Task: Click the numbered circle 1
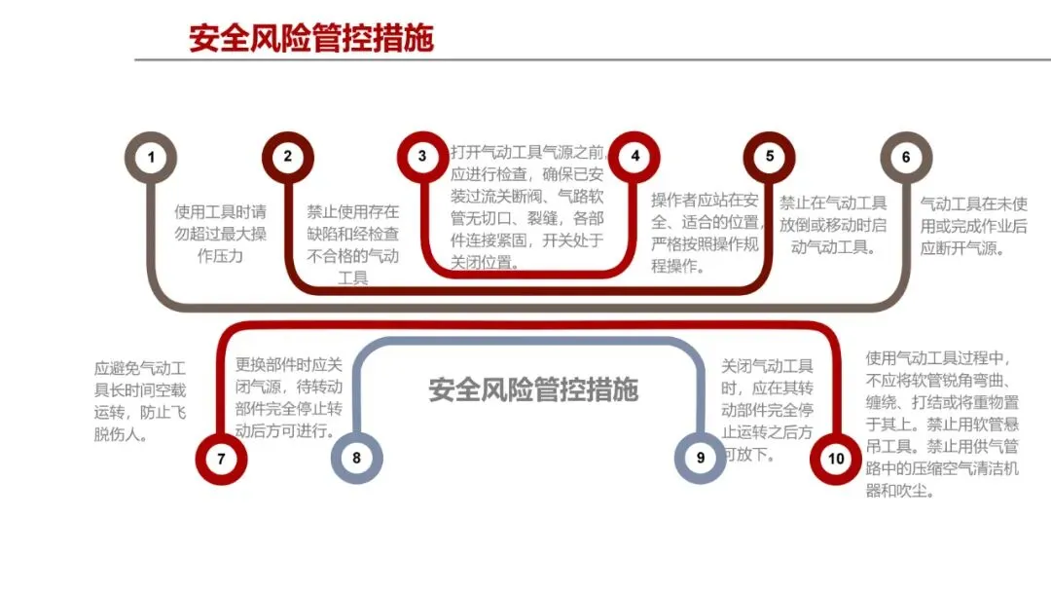151,157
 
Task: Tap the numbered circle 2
287,157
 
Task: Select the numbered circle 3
422,157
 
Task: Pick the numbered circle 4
634,157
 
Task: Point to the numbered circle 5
770,157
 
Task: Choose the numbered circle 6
906,157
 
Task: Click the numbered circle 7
221,458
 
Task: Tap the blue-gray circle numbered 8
356,458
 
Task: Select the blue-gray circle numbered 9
701,458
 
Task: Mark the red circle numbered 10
836,458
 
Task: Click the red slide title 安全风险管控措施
311,38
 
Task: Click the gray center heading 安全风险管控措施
533,389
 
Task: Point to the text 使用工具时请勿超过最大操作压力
220,234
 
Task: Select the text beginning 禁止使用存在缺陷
352,244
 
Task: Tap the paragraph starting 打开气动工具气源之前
527,206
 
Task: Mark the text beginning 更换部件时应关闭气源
289,397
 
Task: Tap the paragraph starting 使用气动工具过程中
942,425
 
